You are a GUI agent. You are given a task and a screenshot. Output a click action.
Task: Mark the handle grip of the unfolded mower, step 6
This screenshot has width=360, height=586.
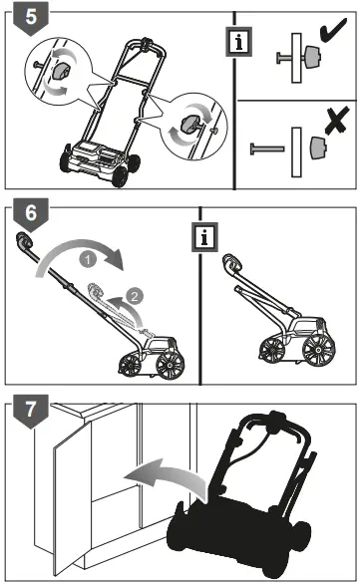point(22,239)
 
